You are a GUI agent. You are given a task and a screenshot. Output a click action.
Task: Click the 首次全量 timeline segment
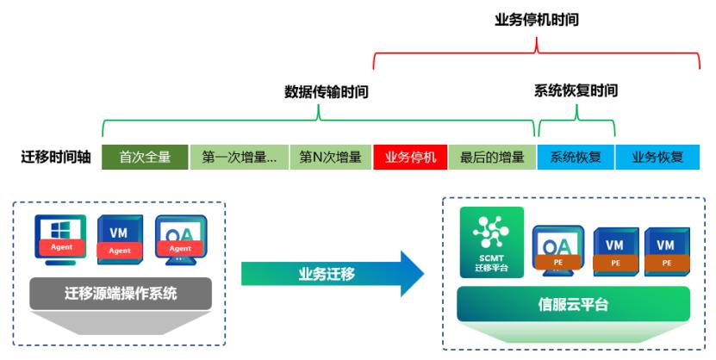tap(145, 158)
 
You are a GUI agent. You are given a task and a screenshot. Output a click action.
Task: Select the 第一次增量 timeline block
tap(239, 158)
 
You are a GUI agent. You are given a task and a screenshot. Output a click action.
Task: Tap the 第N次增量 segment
tap(330, 158)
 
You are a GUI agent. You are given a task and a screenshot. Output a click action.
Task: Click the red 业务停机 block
tap(410, 158)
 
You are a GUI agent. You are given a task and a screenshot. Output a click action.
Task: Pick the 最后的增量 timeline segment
tap(492, 158)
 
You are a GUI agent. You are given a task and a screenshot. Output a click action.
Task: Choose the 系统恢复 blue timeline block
tap(576, 158)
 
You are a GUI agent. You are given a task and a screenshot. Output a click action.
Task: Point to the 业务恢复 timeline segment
tap(657, 158)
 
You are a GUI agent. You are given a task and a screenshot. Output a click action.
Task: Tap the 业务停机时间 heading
tap(536, 18)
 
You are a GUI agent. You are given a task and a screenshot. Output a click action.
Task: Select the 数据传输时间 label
tap(327, 90)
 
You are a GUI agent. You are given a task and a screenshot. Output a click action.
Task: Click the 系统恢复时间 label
tap(576, 90)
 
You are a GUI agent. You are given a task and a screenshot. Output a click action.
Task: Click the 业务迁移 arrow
tap(332, 274)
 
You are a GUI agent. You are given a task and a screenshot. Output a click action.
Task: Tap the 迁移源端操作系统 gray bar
tap(121, 293)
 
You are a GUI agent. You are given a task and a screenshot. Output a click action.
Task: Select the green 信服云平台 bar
tap(573, 303)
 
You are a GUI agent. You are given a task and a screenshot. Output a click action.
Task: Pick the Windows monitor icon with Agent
tap(62, 235)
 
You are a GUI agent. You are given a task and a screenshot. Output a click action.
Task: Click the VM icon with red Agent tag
tap(121, 235)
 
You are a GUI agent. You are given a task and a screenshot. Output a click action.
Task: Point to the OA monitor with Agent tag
tap(179, 235)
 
